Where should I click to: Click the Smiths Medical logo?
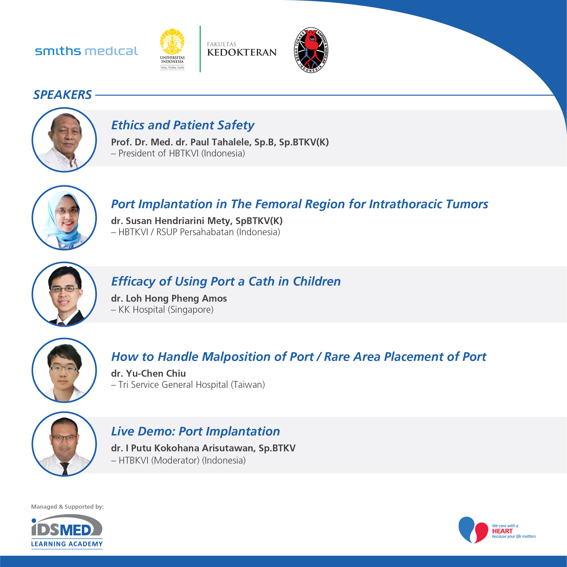(x=86, y=51)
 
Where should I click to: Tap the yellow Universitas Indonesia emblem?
(x=172, y=42)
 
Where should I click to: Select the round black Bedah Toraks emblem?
(x=311, y=50)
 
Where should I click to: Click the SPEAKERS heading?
(x=63, y=95)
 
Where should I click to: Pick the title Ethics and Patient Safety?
(x=183, y=125)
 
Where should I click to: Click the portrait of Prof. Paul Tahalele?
(x=64, y=140)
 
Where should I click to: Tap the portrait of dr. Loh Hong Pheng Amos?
(x=64, y=294)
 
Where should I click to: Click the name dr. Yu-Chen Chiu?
(x=148, y=373)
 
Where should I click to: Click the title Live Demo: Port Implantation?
(x=195, y=431)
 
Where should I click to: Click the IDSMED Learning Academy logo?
(x=67, y=531)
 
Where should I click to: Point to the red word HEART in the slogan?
(x=502, y=531)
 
